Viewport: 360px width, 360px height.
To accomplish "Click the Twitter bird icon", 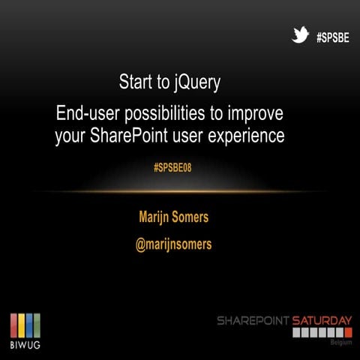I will tap(301, 35).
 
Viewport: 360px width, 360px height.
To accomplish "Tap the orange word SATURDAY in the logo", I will tap(322, 320).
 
